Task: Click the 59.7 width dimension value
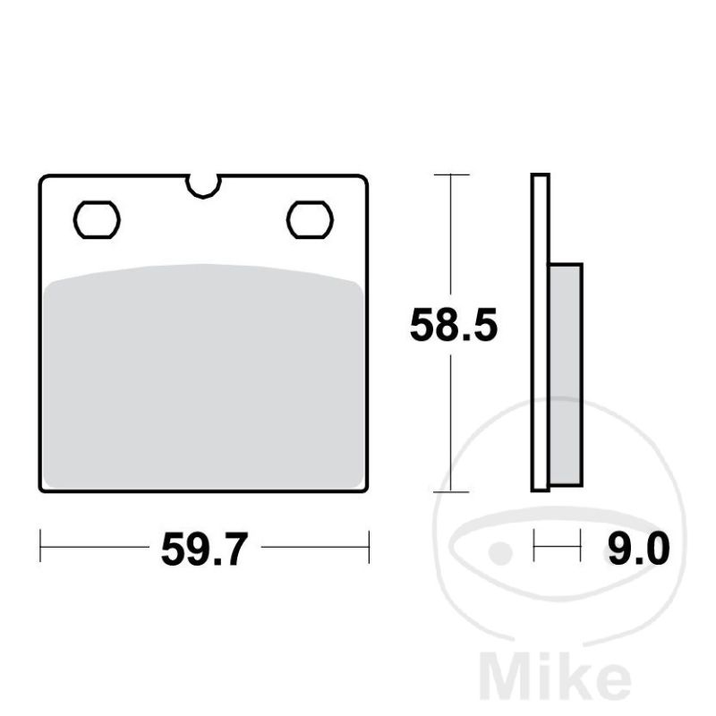click(204, 549)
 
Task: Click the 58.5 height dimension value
click(454, 325)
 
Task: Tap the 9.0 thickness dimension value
click(639, 549)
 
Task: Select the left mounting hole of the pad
click(97, 219)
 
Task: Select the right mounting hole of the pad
click(310, 219)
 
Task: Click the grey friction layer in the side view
click(566, 374)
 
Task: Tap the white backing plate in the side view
click(541, 332)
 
